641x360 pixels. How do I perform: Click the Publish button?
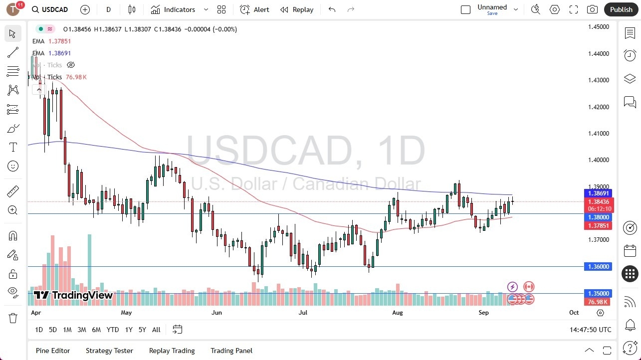(621, 9)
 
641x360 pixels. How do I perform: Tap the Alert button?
(254, 9)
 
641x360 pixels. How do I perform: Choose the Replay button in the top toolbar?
(297, 9)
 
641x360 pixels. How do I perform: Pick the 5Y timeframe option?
(142, 330)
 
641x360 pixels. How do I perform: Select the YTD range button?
(113, 330)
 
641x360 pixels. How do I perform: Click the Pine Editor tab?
(53, 351)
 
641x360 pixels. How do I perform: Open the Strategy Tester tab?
(109, 351)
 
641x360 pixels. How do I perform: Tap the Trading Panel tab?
(231, 351)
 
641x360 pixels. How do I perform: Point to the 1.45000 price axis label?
(598, 27)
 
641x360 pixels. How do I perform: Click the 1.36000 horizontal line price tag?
(598, 267)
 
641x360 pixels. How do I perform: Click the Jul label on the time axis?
(303, 313)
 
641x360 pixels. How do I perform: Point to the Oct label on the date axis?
(574, 313)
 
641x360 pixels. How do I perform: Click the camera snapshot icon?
(592, 9)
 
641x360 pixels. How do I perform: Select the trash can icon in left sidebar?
(13, 318)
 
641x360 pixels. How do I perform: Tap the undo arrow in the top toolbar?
(332, 9)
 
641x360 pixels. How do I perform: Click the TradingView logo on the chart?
(73, 295)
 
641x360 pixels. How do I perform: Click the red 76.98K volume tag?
(598, 302)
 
